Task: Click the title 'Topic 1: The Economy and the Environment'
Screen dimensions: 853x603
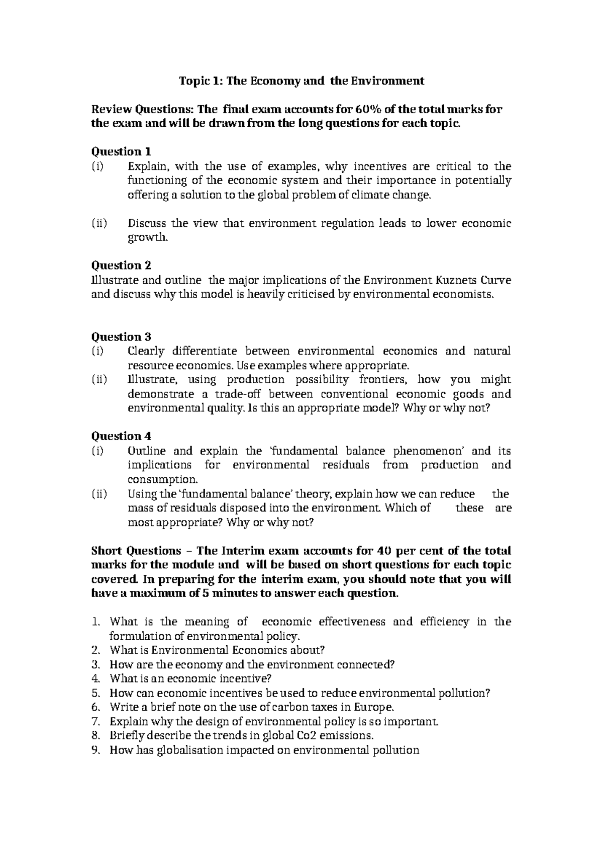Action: [302, 80]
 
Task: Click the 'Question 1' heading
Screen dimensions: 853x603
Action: [121, 151]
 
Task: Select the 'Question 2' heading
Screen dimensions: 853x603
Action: [121, 265]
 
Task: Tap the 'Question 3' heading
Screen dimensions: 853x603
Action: [121, 336]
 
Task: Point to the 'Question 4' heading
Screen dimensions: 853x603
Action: [121, 436]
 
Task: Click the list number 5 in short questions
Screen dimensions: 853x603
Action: [97, 693]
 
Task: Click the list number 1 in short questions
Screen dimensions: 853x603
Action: [97, 622]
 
